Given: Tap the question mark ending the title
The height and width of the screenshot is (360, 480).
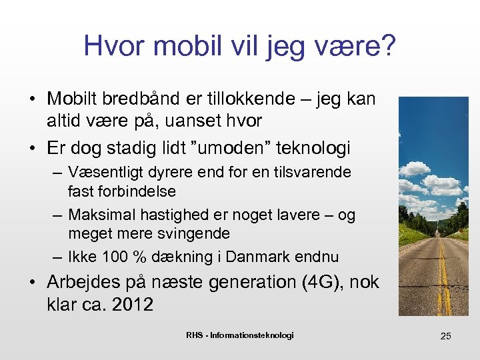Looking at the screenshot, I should pos(388,46).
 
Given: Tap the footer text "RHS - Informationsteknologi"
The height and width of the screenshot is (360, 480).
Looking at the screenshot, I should pos(239,335).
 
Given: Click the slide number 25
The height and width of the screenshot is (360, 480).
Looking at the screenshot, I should pos(445,336).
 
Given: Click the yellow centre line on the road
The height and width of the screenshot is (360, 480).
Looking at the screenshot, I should pos(443,280).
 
